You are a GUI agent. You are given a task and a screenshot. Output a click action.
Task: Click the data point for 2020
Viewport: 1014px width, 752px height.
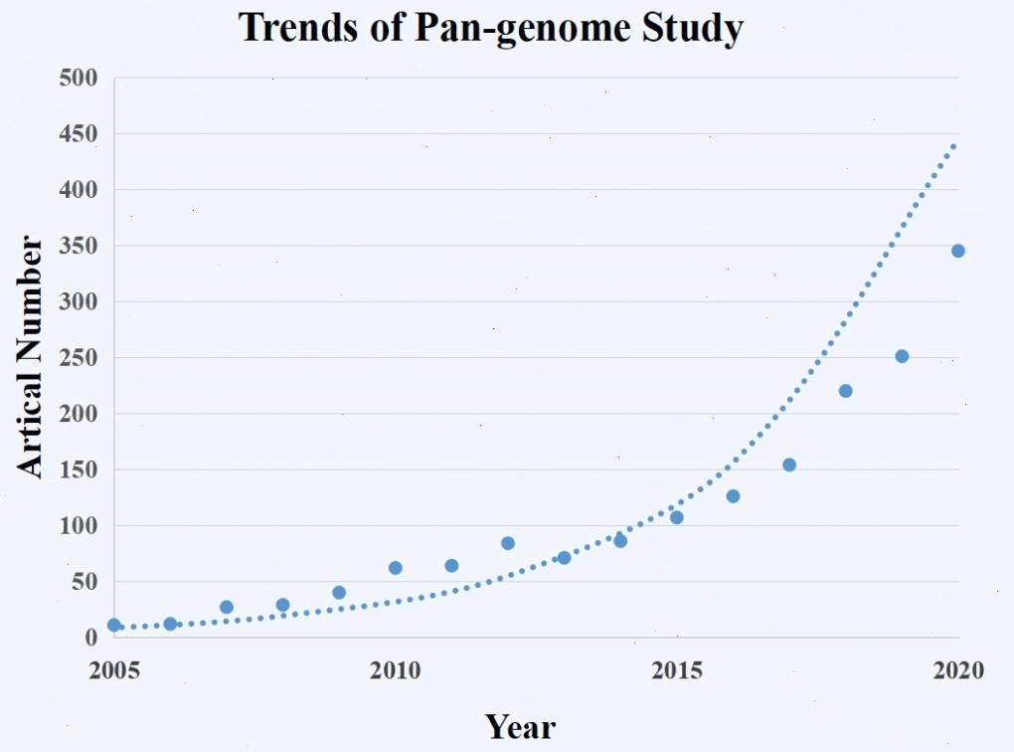click(957, 251)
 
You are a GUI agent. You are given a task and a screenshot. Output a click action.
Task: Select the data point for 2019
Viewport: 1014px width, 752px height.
click(902, 356)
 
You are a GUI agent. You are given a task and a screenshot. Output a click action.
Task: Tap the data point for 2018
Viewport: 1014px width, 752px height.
click(845, 391)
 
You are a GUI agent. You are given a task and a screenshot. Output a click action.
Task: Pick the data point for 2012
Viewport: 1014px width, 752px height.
click(508, 543)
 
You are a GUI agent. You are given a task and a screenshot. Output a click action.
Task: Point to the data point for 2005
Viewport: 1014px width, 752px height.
click(113, 625)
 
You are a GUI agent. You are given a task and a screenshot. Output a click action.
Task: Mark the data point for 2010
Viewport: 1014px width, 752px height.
click(395, 568)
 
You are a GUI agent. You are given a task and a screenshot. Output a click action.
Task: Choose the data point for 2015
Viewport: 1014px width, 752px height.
click(676, 517)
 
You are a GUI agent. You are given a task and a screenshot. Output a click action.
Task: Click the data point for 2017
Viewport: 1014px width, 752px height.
click(789, 465)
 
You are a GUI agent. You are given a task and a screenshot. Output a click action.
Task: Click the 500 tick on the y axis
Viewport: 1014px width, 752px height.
click(79, 79)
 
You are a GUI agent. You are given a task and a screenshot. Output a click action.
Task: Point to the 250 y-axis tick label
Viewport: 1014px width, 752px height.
click(79, 358)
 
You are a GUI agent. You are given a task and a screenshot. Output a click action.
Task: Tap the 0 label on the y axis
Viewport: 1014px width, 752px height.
click(91, 638)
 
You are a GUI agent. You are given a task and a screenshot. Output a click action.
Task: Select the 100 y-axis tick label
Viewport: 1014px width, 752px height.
click(79, 525)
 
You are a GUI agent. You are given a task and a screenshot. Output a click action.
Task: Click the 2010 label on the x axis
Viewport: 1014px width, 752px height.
click(395, 670)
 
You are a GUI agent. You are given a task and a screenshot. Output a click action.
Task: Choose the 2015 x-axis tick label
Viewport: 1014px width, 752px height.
click(676, 670)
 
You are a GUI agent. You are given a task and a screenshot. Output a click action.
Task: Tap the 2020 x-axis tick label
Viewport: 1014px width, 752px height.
click(958, 670)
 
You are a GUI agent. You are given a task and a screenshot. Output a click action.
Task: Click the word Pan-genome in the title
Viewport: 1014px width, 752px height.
click(522, 29)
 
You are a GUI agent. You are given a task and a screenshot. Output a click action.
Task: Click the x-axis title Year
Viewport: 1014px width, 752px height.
click(520, 726)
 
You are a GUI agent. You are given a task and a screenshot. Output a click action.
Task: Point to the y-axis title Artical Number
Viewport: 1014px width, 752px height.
click(29, 356)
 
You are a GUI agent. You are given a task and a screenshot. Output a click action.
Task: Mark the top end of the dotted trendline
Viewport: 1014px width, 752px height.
click(954, 145)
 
